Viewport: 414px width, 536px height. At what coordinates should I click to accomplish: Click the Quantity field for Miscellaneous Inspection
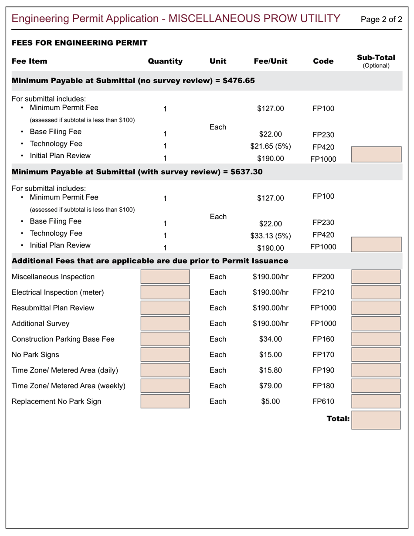(165, 277)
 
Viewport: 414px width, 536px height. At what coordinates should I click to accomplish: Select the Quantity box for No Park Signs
(165, 355)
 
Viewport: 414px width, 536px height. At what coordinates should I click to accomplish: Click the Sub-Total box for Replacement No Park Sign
(376, 401)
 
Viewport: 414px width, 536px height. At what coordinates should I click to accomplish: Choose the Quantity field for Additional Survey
(165, 323)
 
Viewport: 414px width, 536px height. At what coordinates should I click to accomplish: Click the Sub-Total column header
(376, 61)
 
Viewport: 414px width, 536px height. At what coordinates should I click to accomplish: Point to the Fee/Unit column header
(270, 61)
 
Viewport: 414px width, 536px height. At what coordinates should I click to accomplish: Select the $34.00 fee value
(270, 339)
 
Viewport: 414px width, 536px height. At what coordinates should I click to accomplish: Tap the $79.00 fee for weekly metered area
(270, 386)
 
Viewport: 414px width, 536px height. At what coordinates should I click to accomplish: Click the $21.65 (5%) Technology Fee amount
(270, 146)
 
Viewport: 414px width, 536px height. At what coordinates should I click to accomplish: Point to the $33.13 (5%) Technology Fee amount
(270, 236)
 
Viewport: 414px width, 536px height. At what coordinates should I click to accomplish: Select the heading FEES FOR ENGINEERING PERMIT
(79, 43)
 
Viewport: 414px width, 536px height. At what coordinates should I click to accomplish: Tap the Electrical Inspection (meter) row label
(58, 292)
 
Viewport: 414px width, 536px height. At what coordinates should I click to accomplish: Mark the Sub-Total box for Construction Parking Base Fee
(376, 339)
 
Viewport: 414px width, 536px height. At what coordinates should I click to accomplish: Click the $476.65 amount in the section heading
(238, 81)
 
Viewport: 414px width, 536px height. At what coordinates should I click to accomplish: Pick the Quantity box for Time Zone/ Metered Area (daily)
(165, 370)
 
